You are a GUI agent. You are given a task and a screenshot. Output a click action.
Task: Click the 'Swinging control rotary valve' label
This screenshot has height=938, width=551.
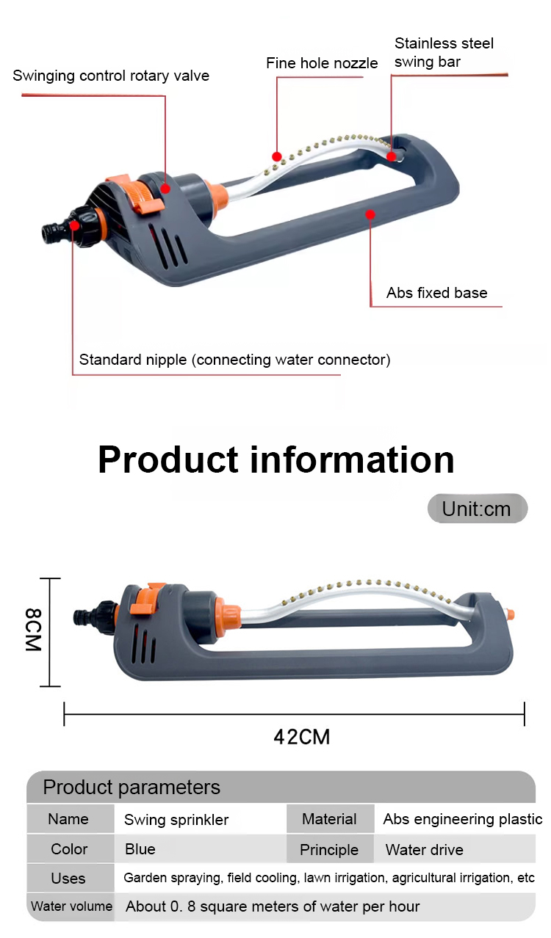[111, 76]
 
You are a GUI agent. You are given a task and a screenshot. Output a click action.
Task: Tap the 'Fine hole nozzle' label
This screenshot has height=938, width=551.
[322, 64]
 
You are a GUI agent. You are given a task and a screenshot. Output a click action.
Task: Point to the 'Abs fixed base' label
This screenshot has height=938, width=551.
[437, 293]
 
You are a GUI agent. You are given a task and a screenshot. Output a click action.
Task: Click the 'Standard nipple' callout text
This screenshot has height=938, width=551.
[234, 360]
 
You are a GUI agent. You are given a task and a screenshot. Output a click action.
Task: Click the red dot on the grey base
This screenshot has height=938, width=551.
[370, 214]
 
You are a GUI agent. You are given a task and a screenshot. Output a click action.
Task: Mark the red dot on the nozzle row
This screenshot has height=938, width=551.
[277, 156]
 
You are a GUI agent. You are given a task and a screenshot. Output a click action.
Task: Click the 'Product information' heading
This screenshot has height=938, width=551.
[275, 459]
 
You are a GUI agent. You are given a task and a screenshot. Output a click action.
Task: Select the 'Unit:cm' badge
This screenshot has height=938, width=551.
[477, 509]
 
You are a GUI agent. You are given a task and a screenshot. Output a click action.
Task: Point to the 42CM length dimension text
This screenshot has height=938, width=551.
[301, 736]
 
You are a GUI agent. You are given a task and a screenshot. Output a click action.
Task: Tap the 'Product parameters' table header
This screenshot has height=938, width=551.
[132, 788]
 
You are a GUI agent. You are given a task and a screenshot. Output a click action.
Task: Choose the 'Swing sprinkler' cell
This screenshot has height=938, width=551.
[176, 820]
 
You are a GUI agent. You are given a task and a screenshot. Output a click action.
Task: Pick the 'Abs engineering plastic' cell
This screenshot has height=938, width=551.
[462, 819]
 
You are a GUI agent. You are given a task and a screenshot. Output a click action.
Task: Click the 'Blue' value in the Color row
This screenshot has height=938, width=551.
[140, 849]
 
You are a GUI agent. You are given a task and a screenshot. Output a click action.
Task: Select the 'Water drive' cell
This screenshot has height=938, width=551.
[425, 850]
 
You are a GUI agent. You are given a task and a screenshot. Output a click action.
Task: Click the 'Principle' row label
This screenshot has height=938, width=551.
[329, 850]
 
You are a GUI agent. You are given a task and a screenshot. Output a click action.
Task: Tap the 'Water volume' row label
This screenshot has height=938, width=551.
[71, 906]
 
